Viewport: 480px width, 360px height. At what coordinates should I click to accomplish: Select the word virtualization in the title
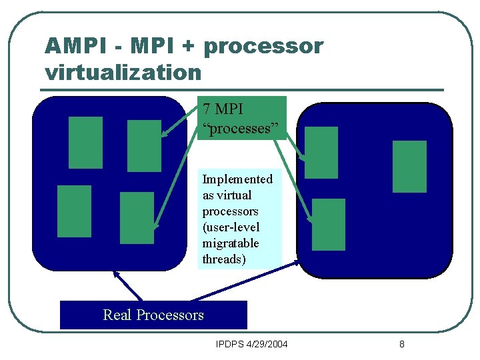123,71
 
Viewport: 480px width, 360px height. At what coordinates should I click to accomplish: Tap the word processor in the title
263,46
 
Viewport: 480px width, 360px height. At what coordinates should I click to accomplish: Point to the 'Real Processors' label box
153,315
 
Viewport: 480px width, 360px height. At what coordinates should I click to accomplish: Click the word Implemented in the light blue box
237,179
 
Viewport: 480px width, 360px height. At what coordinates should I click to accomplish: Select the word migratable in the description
231,243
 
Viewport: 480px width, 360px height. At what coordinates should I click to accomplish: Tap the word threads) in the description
224,259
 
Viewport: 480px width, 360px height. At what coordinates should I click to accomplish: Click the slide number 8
401,345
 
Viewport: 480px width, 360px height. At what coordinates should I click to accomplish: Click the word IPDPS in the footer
231,345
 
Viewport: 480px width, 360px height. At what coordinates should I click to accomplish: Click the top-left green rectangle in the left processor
86,142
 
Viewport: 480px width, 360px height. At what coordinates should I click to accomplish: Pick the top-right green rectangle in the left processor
144,145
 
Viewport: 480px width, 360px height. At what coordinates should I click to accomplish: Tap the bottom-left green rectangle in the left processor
75,211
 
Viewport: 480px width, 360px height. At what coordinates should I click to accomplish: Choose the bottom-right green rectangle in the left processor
136,217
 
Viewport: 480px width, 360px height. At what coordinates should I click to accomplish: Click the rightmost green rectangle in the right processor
409,167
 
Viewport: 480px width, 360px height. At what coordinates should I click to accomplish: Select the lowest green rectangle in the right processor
329,224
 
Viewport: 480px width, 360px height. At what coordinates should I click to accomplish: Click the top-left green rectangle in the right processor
321,153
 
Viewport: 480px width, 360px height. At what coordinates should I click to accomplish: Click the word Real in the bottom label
117,315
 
